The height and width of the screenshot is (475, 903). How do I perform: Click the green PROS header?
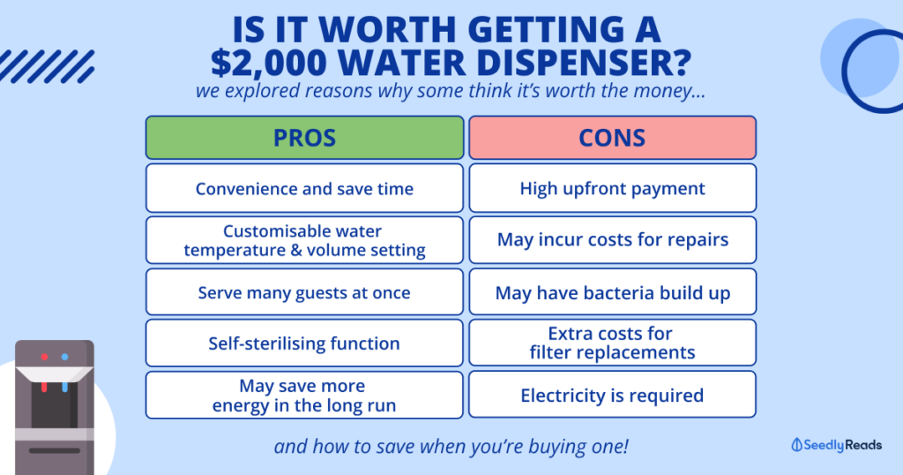304,137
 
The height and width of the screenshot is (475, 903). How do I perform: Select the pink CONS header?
612,137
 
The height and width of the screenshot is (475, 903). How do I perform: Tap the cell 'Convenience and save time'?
304,189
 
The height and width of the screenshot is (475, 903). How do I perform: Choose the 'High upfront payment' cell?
612,189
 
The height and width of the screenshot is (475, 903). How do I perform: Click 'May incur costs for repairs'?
612,240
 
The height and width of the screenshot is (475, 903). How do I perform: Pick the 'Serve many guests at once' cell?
304,291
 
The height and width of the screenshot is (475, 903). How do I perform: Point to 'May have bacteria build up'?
612,291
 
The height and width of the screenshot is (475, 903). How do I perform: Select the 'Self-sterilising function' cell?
304,343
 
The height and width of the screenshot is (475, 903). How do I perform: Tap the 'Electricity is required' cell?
612,395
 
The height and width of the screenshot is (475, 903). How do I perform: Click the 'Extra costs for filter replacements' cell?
612,343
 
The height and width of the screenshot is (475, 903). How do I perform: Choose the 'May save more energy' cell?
304,395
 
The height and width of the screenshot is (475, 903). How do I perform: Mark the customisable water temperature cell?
304,240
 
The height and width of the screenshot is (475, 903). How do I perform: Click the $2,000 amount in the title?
268,64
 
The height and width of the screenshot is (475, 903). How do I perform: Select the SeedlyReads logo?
836,445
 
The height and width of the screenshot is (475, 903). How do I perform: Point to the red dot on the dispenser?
44,357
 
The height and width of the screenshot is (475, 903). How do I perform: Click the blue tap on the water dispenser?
64,386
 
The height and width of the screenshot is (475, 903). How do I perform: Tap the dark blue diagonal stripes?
48,66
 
